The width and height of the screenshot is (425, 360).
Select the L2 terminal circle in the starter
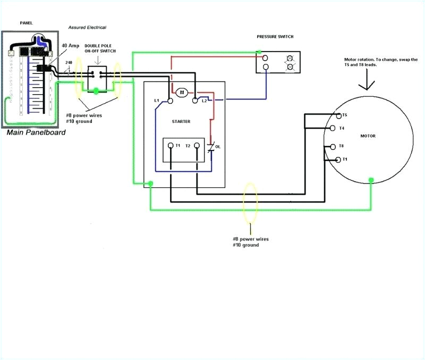pyautogui.click(x=196, y=99)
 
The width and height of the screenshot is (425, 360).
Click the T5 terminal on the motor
pyautogui.click(x=338, y=115)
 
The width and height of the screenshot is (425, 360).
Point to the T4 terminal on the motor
pyautogui.click(x=333, y=128)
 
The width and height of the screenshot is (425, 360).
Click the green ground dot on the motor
pyautogui.click(x=371, y=180)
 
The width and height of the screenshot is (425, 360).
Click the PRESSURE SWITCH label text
pyautogui.click(x=275, y=37)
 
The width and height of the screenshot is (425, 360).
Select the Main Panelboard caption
pyautogui.click(x=36, y=132)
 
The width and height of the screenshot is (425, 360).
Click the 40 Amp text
pyautogui.click(x=70, y=46)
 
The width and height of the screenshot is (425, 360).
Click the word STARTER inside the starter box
pyautogui.click(x=181, y=121)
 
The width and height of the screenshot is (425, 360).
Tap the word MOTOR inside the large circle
pyautogui.click(x=368, y=136)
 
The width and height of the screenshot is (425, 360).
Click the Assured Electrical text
pyautogui.click(x=87, y=27)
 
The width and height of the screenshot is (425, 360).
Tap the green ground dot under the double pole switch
pyautogui.click(x=96, y=91)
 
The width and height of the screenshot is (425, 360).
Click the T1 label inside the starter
pyautogui.click(x=178, y=145)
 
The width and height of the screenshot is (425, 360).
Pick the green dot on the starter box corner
pyautogui.click(x=151, y=184)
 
